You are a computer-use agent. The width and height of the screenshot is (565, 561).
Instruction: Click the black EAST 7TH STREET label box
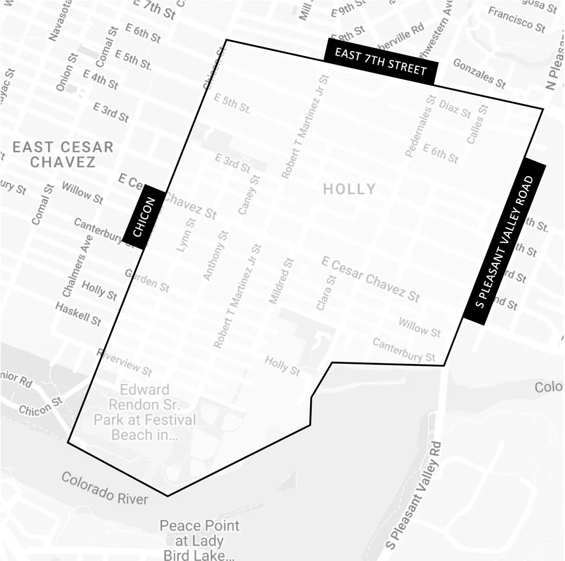[381, 61]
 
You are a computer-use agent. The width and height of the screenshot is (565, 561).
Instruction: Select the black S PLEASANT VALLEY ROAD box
[505, 240]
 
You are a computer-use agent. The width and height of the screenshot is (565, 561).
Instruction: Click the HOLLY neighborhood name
[349, 189]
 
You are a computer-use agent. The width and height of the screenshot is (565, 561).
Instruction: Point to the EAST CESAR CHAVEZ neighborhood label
[63, 155]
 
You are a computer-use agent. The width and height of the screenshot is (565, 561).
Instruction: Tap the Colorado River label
[104, 488]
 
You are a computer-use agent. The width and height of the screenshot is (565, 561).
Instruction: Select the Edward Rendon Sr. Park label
[145, 413]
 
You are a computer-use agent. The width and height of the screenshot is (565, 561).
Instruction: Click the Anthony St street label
[215, 256]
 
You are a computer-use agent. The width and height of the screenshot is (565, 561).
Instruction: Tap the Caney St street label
[248, 195]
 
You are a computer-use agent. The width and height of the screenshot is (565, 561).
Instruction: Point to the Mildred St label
[281, 281]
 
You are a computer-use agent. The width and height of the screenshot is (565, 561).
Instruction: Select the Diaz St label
[455, 109]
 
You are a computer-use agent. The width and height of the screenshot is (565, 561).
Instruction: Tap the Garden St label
[147, 280]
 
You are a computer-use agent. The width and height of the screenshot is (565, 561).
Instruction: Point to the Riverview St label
[124, 362]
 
